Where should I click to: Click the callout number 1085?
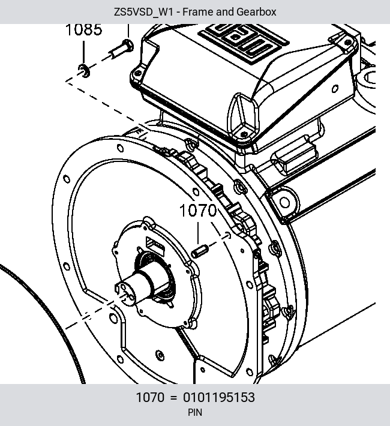click(84, 29)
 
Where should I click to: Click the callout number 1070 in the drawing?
click(198, 211)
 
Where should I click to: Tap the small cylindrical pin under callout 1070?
click(200, 251)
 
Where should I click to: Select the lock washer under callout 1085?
click(84, 71)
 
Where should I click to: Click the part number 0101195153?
click(219, 397)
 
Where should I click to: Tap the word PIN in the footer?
click(195, 412)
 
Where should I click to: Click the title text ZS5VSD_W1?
click(143, 12)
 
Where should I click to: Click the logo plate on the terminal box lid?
click(244, 41)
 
